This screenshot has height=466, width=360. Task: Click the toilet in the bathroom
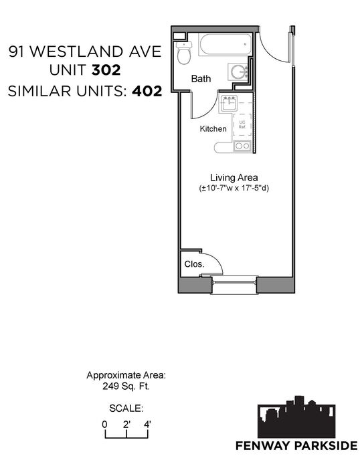click(x=184, y=53)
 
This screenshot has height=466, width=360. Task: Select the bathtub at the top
click(x=226, y=44)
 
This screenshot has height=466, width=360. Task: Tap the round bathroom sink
click(x=238, y=72)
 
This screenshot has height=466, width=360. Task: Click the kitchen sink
click(x=228, y=104)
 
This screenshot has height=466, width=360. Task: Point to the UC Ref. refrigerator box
click(x=242, y=125)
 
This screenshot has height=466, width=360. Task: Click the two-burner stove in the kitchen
click(x=242, y=146)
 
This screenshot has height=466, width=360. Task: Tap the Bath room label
click(x=201, y=79)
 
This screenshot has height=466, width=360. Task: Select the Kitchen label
click(x=213, y=128)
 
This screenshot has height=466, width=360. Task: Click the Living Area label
click(x=234, y=178)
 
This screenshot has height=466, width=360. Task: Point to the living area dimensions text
click(x=234, y=188)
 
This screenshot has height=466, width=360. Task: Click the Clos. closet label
click(x=194, y=264)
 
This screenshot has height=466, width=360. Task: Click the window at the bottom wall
click(x=234, y=285)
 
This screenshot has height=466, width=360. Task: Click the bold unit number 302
click(x=106, y=70)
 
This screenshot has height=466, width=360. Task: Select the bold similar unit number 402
click(x=147, y=91)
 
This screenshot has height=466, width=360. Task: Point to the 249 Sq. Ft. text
click(x=126, y=386)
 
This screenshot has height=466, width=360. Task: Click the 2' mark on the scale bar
click(x=126, y=425)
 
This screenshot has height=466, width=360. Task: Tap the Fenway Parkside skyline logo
click(x=296, y=417)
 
